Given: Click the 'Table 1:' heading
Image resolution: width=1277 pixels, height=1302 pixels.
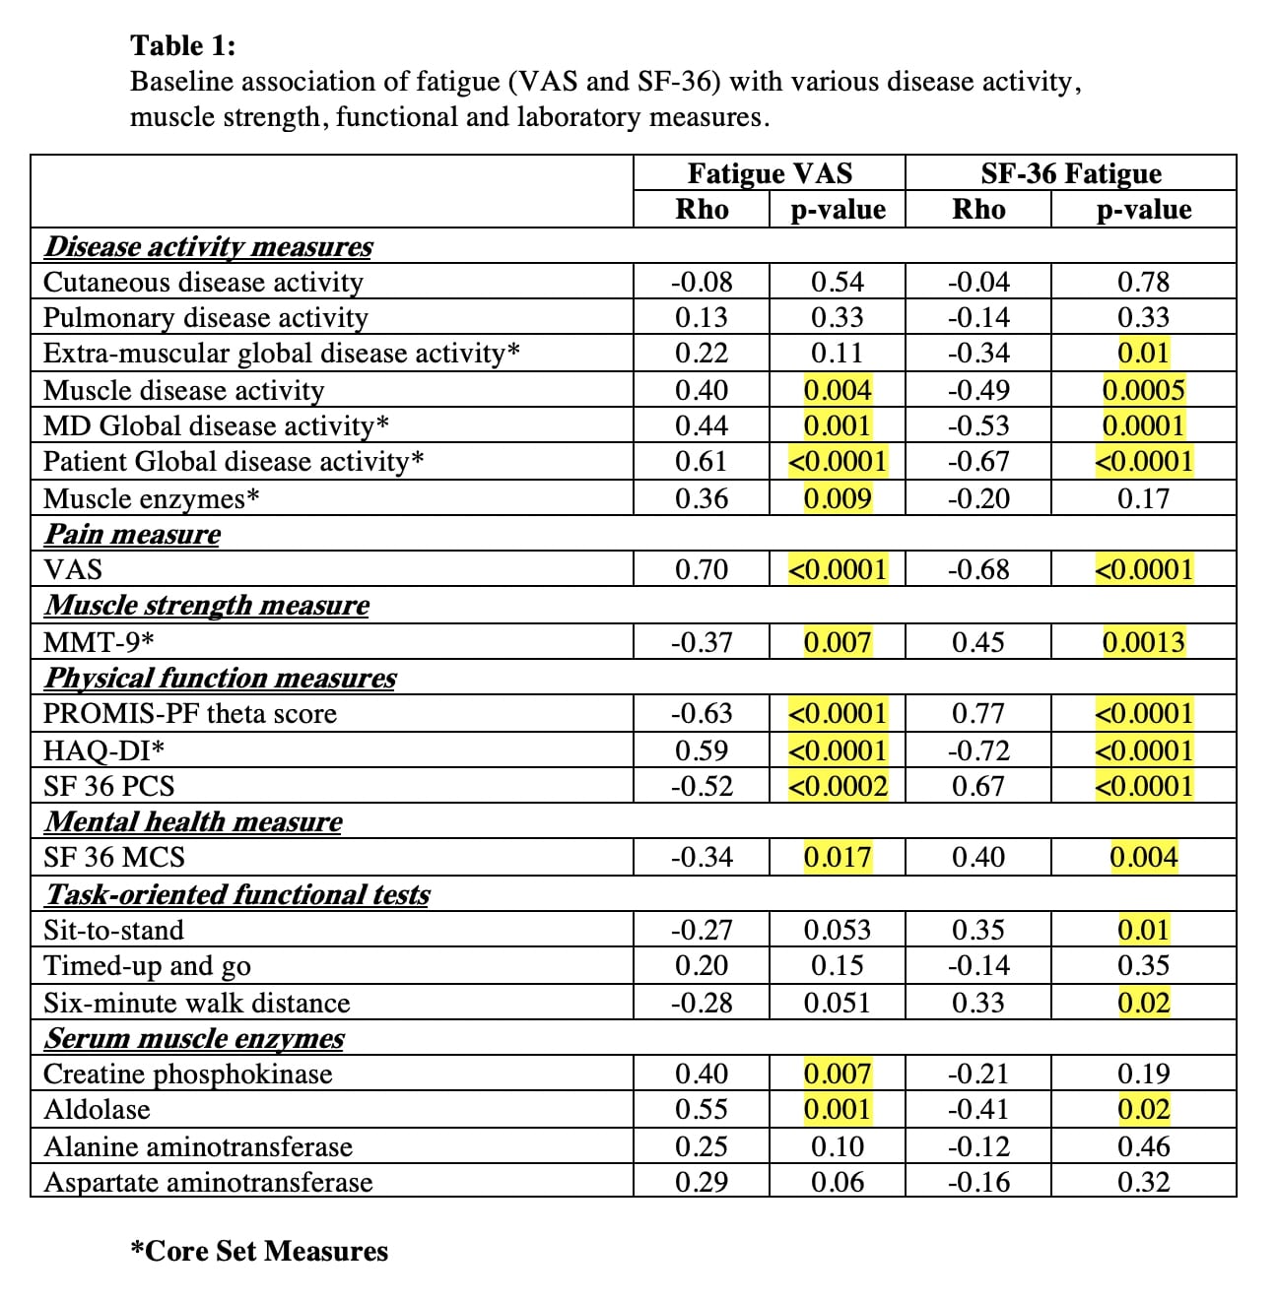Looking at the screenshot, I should [x=183, y=45].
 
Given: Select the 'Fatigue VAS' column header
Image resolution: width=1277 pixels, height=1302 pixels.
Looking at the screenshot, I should [x=770, y=173].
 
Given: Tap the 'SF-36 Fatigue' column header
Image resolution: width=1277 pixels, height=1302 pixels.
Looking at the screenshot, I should [x=1071, y=173].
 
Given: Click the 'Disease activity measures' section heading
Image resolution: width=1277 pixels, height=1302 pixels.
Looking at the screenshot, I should [x=209, y=246].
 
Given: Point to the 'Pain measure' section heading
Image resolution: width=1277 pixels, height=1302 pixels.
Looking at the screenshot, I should [x=133, y=534].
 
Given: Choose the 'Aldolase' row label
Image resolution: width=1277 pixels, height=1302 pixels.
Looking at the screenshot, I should [x=98, y=1110].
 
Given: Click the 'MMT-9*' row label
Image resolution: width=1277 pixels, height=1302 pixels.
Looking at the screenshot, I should [x=100, y=642].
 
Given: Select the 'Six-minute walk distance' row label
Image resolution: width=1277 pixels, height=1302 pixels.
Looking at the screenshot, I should [x=197, y=1003].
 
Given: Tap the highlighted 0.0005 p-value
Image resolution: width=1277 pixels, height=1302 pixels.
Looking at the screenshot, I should [x=1143, y=390].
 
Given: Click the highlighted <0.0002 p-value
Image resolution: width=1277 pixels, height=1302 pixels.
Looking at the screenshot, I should [x=838, y=786].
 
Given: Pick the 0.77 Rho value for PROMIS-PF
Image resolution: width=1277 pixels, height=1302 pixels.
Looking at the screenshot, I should [x=978, y=713].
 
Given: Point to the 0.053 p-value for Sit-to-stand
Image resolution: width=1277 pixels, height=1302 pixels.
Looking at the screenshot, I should [x=838, y=930].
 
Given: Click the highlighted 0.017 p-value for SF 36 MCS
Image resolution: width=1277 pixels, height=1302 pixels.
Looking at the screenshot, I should [x=838, y=857].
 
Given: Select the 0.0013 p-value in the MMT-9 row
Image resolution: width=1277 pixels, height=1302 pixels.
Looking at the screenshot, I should [x=1143, y=642].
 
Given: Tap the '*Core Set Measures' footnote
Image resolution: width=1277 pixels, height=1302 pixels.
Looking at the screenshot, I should [x=260, y=1251].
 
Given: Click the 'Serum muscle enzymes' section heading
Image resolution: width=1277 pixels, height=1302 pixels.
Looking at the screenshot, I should [x=195, y=1038].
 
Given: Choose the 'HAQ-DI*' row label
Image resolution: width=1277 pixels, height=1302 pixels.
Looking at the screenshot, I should [x=104, y=750].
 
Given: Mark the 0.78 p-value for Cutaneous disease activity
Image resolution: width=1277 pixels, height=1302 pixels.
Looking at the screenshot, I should [x=1143, y=282].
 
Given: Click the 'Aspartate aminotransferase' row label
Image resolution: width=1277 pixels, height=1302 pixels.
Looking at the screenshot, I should [x=209, y=1182].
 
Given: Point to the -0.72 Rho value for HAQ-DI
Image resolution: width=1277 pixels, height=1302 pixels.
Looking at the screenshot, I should [x=978, y=750].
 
